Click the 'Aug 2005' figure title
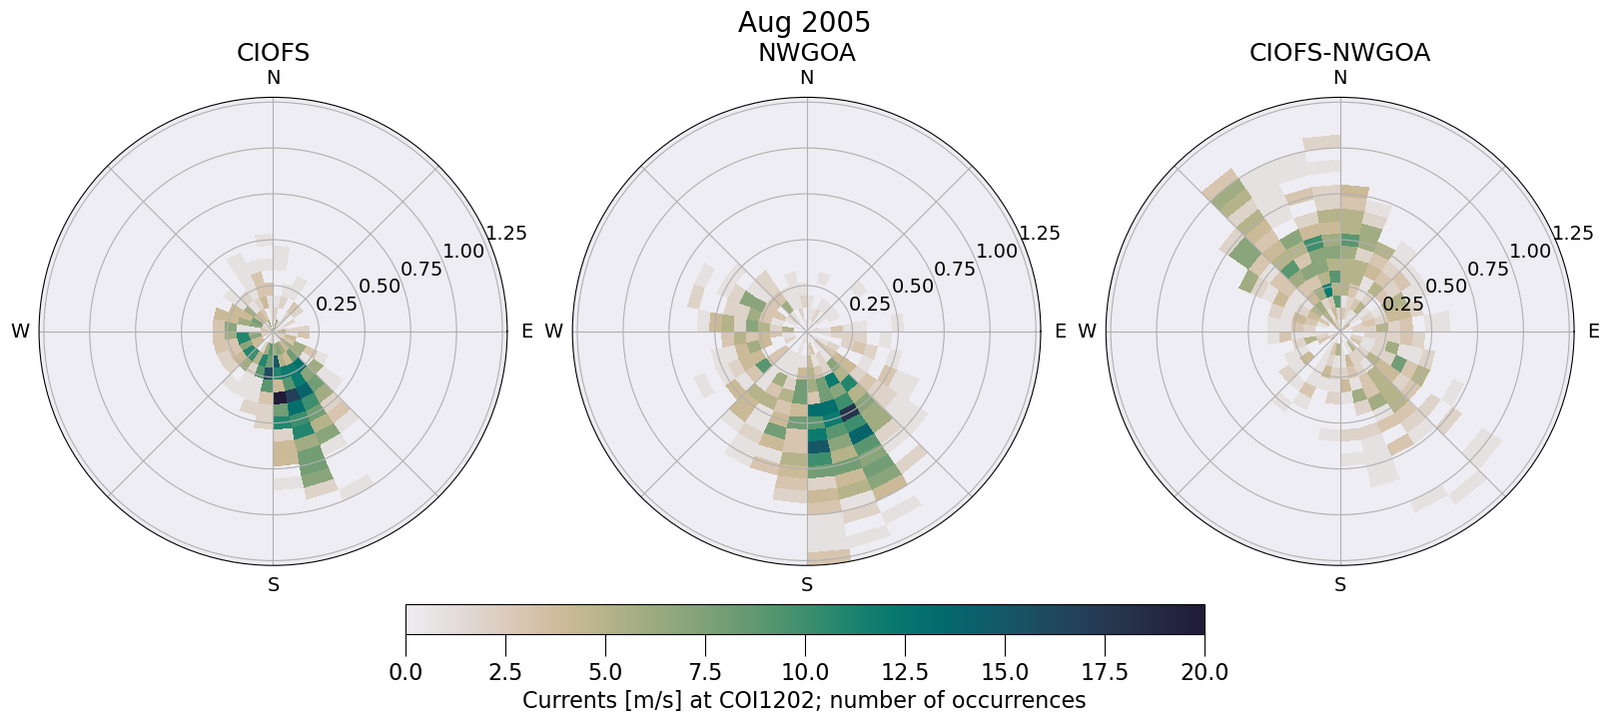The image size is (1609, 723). pyautogui.click(x=804, y=22)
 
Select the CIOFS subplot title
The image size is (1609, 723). pyautogui.click(x=273, y=53)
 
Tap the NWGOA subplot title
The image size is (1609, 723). pyautogui.click(x=806, y=53)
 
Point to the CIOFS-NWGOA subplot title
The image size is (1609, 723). pyautogui.click(x=1339, y=53)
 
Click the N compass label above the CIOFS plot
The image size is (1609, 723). pyautogui.click(x=273, y=78)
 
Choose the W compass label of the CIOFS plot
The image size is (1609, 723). pyautogui.click(x=20, y=332)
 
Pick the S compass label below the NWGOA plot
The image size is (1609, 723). pyautogui.click(x=807, y=585)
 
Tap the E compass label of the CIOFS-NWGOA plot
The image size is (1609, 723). pyautogui.click(x=1593, y=332)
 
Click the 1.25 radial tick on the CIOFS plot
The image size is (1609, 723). pyautogui.click(x=506, y=234)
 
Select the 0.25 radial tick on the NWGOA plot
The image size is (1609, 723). pyautogui.click(x=869, y=304)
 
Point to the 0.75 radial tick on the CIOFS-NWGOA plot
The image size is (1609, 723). pyautogui.click(x=1488, y=269)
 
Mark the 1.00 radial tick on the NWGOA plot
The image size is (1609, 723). pyautogui.click(x=997, y=251)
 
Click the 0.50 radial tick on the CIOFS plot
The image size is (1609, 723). pyautogui.click(x=380, y=287)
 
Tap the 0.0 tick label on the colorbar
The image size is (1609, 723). pyautogui.click(x=405, y=672)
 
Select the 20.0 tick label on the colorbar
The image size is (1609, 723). pyautogui.click(x=1205, y=672)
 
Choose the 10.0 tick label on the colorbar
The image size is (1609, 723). pyautogui.click(x=805, y=672)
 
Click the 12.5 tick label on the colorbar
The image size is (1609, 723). pyautogui.click(x=905, y=672)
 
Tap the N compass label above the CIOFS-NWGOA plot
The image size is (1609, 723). pyautogui.click(x=1340, y=78)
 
